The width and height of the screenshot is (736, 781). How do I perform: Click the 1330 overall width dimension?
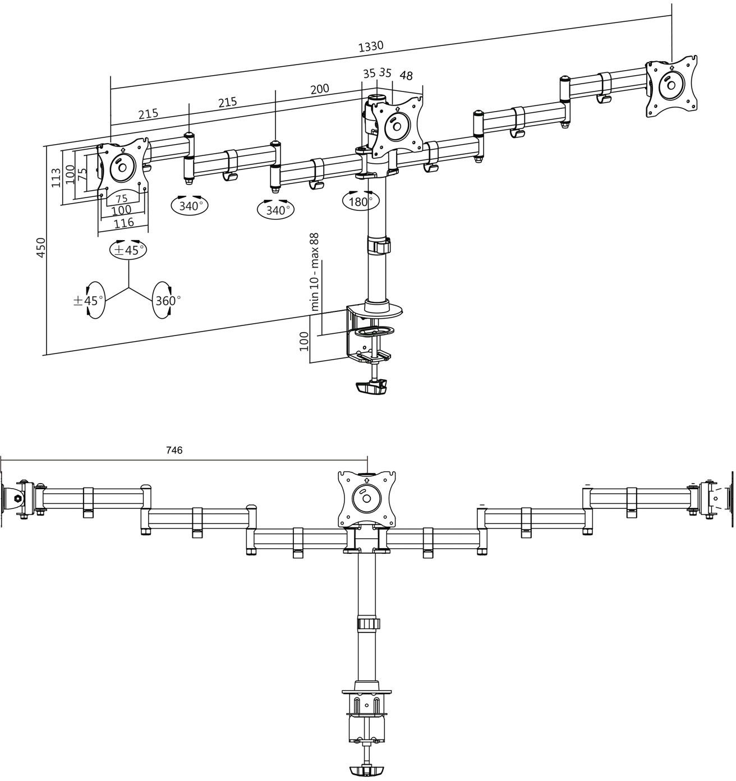click(371, 46)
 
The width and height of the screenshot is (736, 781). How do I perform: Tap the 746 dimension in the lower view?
click(174, 450)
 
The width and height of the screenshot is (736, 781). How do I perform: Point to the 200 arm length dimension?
click(319, 89)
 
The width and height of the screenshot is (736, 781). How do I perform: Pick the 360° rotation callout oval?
click(168, 301)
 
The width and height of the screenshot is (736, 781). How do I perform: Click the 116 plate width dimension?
click(123, 223)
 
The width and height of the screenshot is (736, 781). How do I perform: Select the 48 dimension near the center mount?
click(407, 75)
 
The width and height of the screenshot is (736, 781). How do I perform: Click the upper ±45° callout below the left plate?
click(127, 250)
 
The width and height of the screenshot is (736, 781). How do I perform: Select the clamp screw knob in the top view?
click(371, 387)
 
